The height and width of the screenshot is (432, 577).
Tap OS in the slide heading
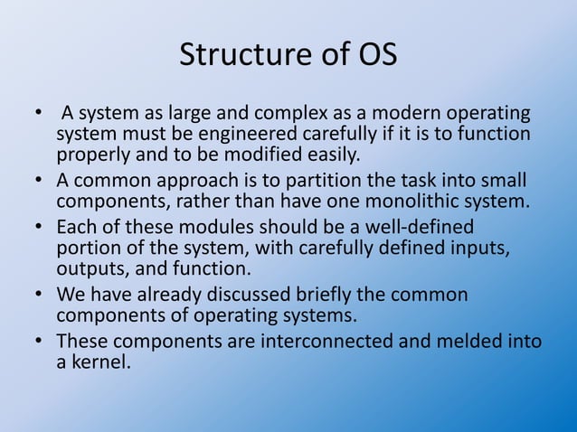point(376,55)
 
